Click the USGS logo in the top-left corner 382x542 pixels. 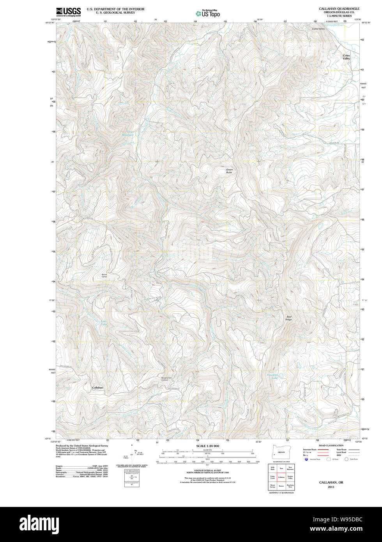(x=68, y=11)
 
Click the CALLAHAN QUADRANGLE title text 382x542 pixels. (x=339, y=9)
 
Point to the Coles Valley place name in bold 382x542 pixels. (x=346, y=57)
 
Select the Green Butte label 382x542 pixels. (x=229, y=171)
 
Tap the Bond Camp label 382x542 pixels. (x=104, y=275)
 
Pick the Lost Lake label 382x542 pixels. (x=104, y=322)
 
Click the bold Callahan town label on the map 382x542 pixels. (x=97, y=388)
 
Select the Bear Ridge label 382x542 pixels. (x=288, y=318)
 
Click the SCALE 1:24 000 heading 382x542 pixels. (x=208, y=446)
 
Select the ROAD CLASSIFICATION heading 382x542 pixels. (x=331, y=445)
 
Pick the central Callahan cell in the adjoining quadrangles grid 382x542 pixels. (x=281, y=477)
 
